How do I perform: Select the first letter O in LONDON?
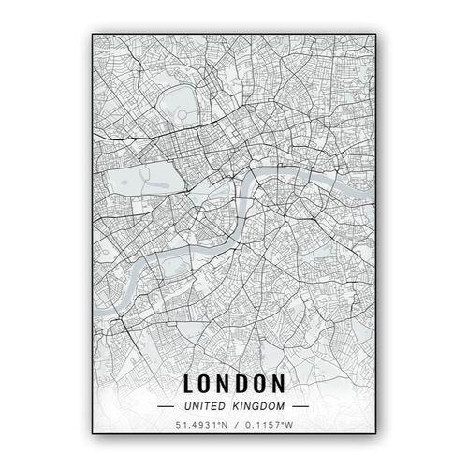pyautogui.click(x=208, y=384)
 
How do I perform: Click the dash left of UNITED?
pyautogui.click(x=166, y=407)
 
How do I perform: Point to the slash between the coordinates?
pyautogui.click(x=234, y=428)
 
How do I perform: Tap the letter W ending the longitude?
pyautogui.click(x=291, y=428)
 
